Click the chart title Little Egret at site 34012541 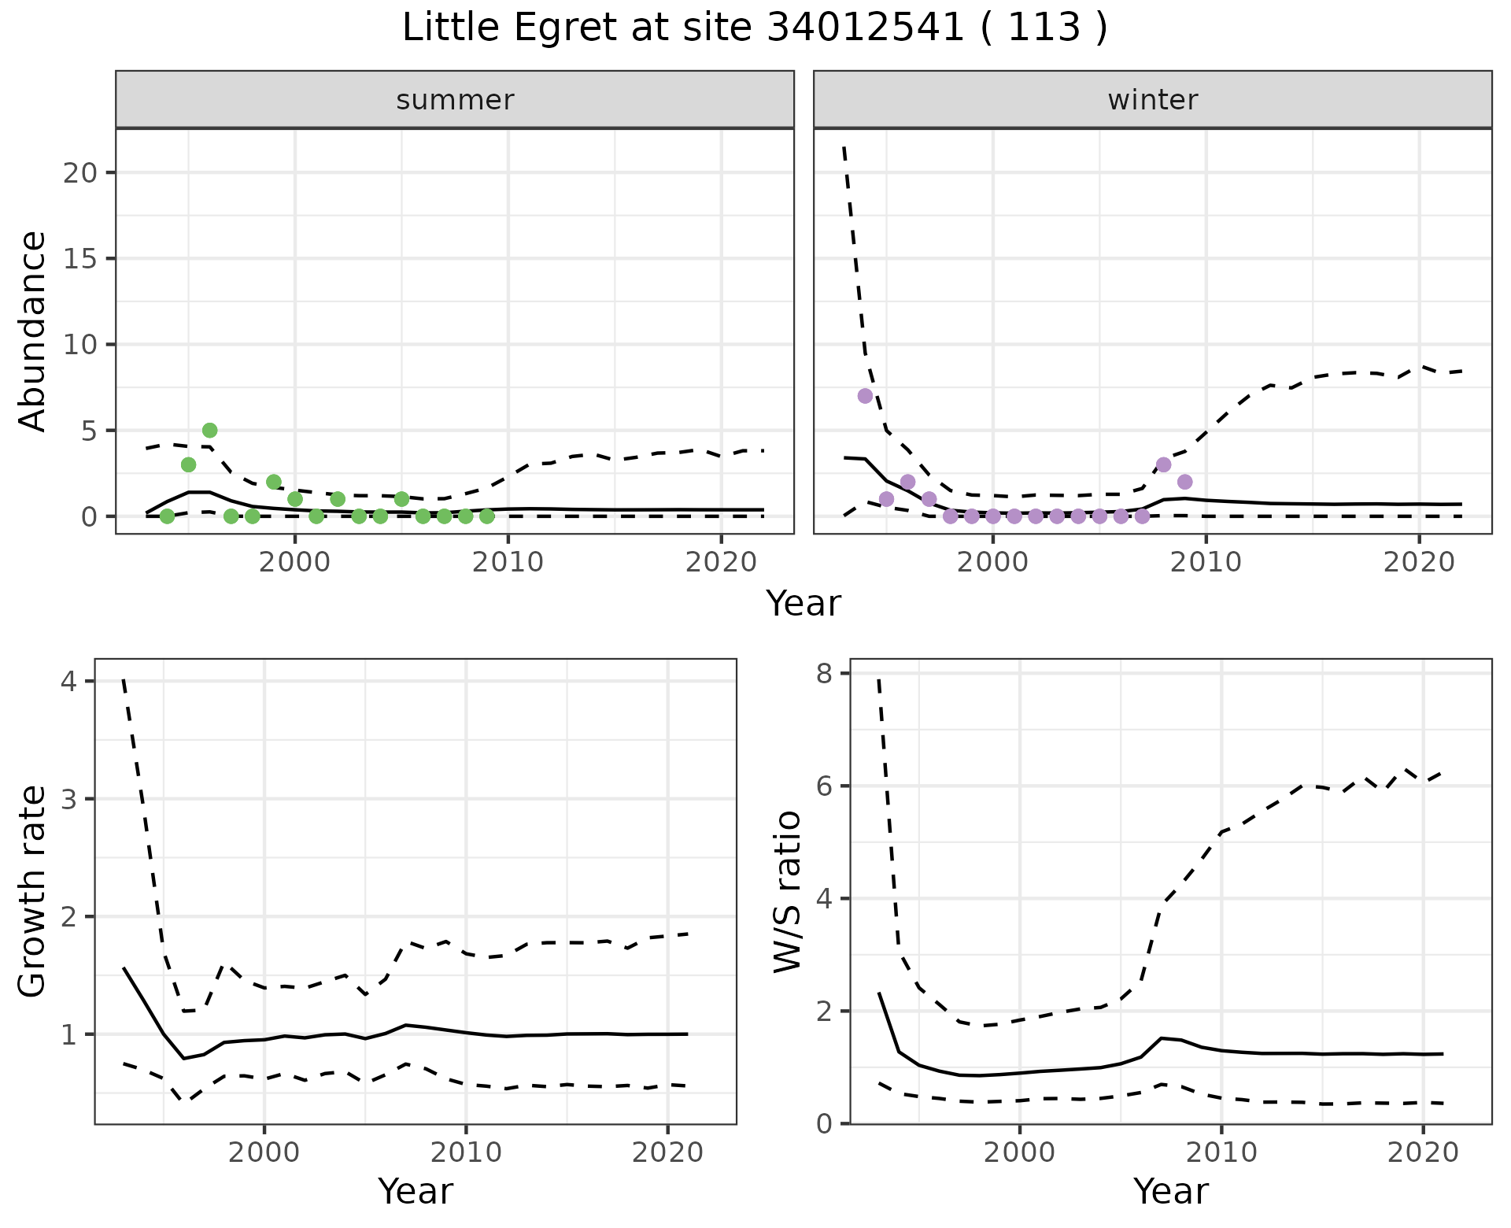click(x=754, y=28)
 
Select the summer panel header click(x=454, y=100)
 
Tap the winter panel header click(x=1152, y=100)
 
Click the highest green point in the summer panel click(x=209, y=431)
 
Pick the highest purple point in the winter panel click(x=865, y=396)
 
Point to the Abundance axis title click(x=33, y=331)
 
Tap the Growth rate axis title click(x=33, y=891)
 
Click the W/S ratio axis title click(x=788, y=891)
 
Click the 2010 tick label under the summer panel click(x=508, y=562)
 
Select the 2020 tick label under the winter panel click(x=1419, y=562)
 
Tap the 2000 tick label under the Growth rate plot click(x=264, y=1152)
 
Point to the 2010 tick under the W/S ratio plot click(x=1221, y=1152)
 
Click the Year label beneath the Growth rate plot click(x=415, y=1192)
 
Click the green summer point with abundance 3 click(x=188, y=465)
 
